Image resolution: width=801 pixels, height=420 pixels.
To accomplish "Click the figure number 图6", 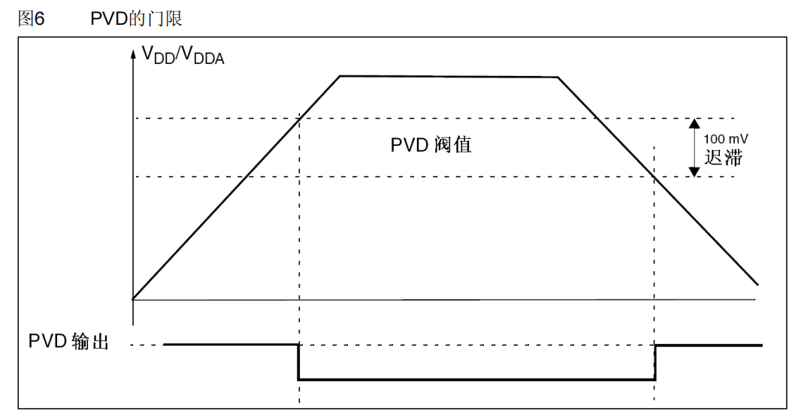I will pyautogui.click(x=31, y=19).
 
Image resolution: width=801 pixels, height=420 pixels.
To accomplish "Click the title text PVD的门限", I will pyautogui.click(x=136, y=19).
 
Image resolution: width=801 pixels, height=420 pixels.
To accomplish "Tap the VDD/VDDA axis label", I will pyautogui.click(x=183, y=56).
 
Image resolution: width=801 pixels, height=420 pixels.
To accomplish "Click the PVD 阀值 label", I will pyautogui.click(x=431, y=145).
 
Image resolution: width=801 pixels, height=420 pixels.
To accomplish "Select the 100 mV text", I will pyautogui.click(x=726, y=139).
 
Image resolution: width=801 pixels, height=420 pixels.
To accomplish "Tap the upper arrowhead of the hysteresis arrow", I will pyautogui.click(x=694, y=123).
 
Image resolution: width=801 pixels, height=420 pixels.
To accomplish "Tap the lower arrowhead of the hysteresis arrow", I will pyautogui.click(x=694, y=171).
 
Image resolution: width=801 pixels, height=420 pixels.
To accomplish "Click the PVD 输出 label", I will pyautogui.click(x=69, y=341).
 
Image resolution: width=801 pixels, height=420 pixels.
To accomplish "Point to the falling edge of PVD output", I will pyautogui.click(x=299, y=362).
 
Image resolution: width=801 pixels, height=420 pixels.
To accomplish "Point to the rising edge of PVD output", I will pyautogui.click(x=655, y=362).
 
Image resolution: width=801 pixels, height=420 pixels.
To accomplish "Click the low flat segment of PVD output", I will pyautogui.click(x=476, y=380).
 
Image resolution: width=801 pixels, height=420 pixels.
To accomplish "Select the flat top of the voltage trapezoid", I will pyautogui.click(x=448, y=77).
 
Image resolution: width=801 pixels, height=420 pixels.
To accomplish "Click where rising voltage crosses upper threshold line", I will pyautogui.click(x=299, y=118).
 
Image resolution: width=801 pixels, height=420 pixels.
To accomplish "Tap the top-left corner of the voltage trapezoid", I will pyautogui.click(x=340, y=76).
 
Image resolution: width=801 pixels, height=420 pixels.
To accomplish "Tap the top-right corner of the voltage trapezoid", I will pyautogui.click(x=558, y=77).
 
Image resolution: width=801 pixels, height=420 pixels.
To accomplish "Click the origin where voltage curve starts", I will pyautogui.click(x=133, y=300).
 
